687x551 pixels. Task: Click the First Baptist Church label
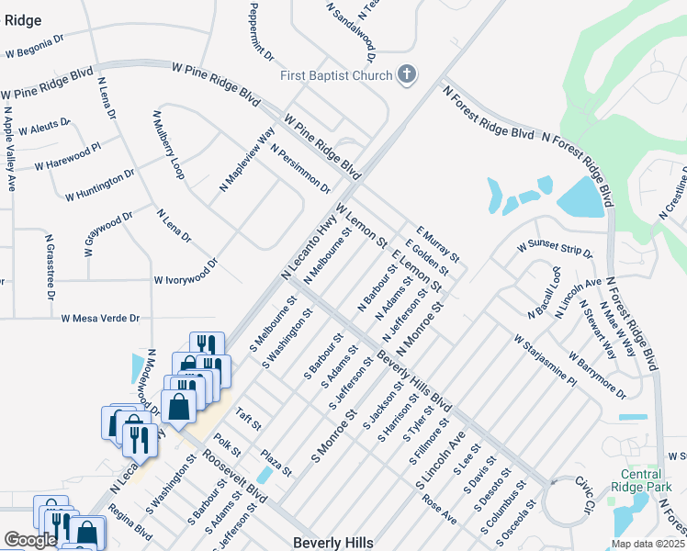tap(337, 75)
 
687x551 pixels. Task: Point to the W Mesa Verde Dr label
tap(100, 319)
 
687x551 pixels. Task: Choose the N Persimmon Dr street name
tap(300, 169)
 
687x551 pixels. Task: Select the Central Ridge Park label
tap(640, 480)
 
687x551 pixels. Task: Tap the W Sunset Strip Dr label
tap(555, 249)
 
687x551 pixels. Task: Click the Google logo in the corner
tap(29, 540)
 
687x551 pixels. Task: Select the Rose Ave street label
tap(440, 509)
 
